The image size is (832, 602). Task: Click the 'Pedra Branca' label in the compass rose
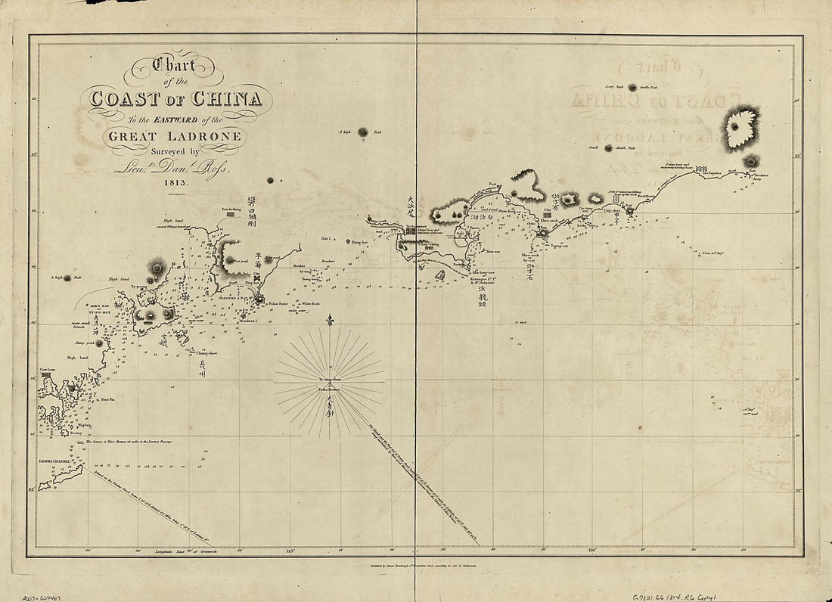(331, 392)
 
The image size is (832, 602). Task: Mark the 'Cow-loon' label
(48, 370)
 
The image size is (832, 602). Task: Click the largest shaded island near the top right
(740, 128)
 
